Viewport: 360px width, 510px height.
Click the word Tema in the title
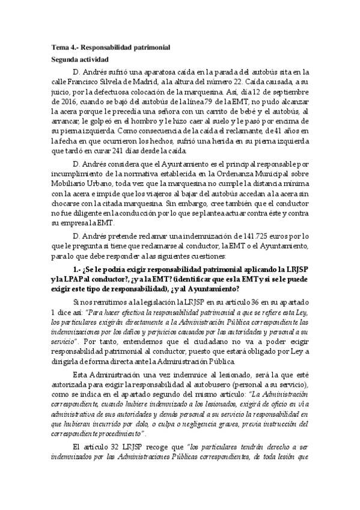point(59,47)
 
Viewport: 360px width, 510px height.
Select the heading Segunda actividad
point(79,60)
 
